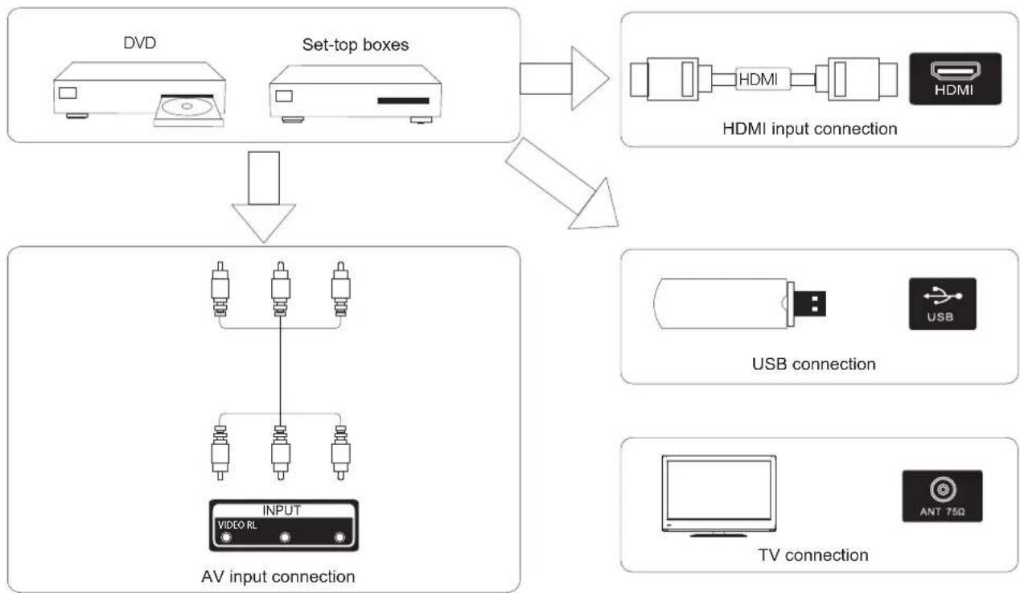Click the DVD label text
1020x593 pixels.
pos(140,43)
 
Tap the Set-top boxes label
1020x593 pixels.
pos(356,44)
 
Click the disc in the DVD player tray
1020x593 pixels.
pos(187,106)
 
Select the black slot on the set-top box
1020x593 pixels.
pos(404,101)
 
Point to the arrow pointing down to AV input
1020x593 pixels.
pos(264,197)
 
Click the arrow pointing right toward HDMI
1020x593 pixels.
pos(564,78)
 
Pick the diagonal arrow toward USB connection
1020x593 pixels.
pos(563,184)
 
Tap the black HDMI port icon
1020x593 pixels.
pos(956,79)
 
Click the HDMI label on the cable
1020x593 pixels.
pos(758,80)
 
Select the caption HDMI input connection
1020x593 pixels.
pos(809,129)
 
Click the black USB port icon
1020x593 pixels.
pos(943,304)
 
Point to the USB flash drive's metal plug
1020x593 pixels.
pos(809,303)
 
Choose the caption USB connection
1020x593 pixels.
pos(814,364)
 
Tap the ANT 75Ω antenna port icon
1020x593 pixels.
pos(942,496)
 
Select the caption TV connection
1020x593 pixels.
pos(813,555)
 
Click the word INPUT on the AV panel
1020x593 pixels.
pos(282,511)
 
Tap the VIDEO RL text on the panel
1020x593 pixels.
pos(237,525)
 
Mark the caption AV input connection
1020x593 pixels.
pos(278,577)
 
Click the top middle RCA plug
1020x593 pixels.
pos(281,289)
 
